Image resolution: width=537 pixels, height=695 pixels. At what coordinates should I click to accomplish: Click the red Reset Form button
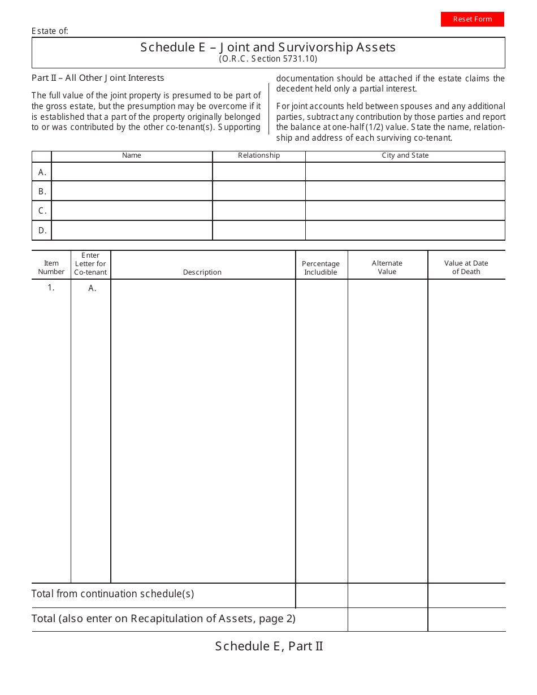coord(472,19)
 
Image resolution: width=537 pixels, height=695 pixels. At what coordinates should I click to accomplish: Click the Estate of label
coord(50,31)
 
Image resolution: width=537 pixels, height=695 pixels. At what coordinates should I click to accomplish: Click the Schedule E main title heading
coord(268,47)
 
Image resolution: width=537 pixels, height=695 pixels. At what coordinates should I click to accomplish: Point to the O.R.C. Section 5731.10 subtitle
coord(268,59)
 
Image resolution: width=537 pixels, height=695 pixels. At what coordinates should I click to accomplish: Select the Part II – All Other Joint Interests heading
coord(98,78)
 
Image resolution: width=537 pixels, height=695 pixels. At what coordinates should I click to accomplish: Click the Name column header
coord(132,156)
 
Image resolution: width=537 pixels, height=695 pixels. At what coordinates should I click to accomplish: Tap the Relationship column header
coord(259,156)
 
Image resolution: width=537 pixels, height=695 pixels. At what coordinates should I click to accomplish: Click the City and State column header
coord(405,156)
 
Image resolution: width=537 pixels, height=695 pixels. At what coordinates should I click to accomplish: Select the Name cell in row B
coord(132,191)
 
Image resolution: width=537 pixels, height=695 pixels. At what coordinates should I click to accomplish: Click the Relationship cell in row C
coord(259,211)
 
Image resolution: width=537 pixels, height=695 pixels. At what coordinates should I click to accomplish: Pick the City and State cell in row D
coord(405,231)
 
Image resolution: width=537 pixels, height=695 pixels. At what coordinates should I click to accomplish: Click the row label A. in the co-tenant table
coord(42,172)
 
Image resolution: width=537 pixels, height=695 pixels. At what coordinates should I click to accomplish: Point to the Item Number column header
coord(51,267)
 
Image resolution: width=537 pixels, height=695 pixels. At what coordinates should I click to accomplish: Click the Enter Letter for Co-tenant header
coord(90,264)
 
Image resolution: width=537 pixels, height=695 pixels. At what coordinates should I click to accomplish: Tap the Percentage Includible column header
coord(321,268)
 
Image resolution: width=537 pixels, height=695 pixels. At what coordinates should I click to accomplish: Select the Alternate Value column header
coord(387,267)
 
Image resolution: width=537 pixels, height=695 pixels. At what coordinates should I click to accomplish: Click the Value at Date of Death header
coord(466,267)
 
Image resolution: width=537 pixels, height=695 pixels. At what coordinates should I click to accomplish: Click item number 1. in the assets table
coord(51,288)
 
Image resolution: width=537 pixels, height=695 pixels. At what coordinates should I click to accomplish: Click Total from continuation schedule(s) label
coord(112,594)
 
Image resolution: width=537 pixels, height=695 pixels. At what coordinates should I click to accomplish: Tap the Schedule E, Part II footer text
coord(268,646)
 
